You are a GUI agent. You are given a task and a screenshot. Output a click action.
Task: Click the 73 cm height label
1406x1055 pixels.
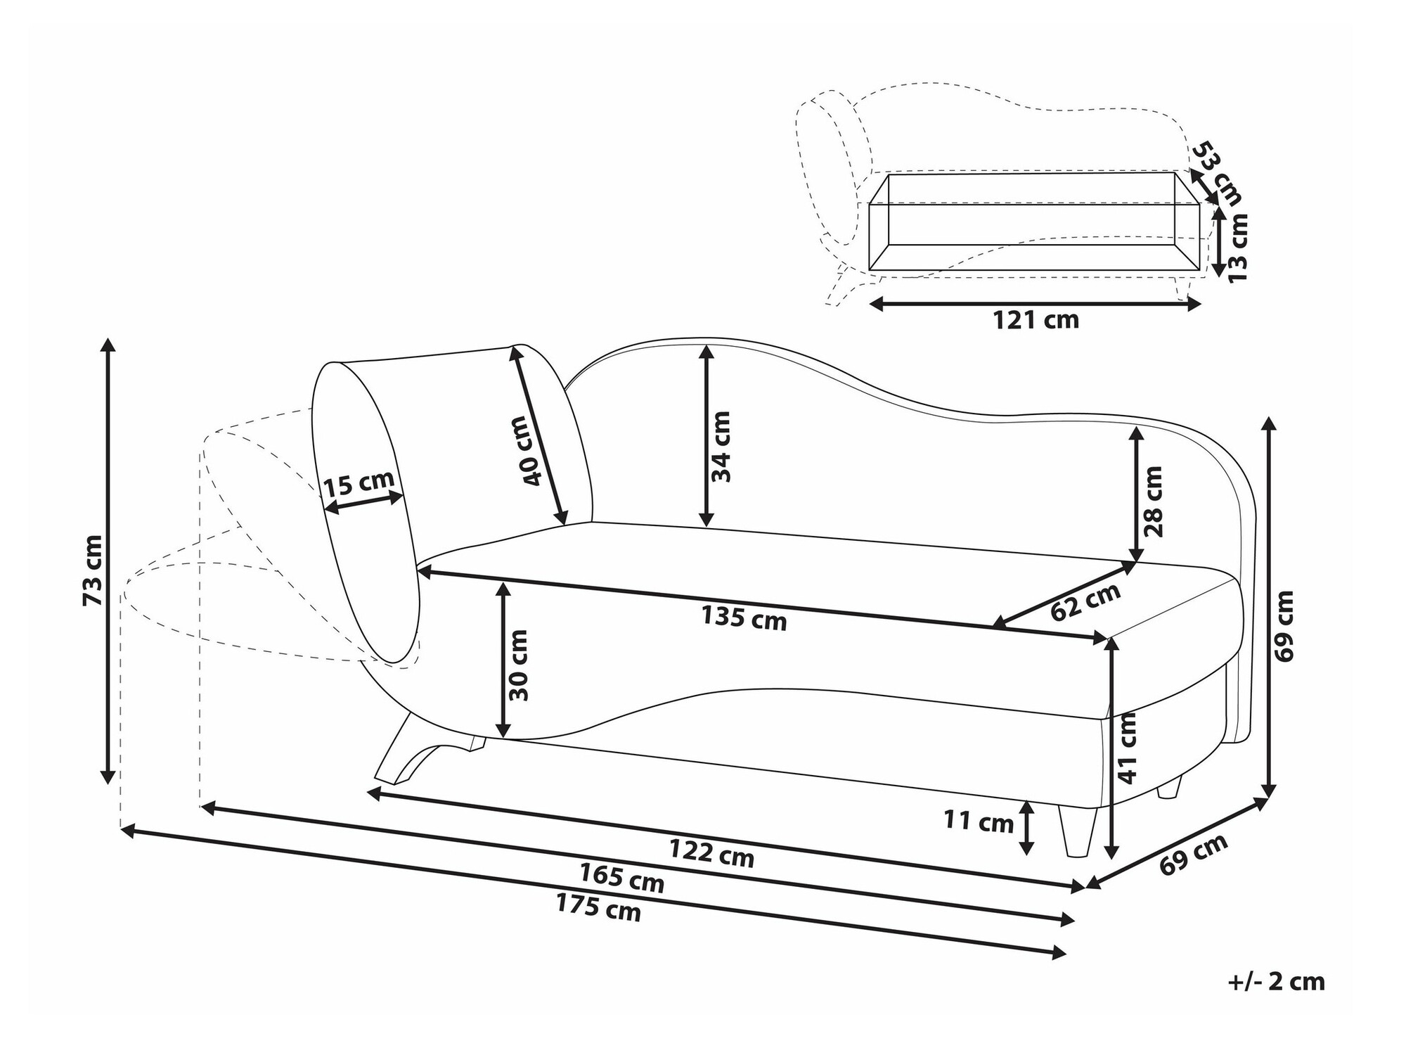pos(93,570)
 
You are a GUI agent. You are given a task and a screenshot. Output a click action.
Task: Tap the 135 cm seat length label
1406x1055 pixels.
pos(744,618)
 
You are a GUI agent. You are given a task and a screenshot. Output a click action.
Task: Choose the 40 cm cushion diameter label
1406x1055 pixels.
pos(532,451)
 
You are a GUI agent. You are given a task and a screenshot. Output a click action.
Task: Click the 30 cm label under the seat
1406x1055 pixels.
pos(518,665)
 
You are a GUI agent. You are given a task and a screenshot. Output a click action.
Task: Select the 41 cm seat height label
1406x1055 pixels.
pos(1127,748)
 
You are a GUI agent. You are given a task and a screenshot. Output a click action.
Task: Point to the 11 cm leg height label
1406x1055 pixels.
pos(979,821)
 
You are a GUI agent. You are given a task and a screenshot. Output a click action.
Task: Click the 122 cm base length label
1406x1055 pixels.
pos(711,854)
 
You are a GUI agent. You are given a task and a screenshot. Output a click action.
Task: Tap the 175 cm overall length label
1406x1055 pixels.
pos(598,907)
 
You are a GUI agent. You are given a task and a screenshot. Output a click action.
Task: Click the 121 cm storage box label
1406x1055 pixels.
pos(1036,321)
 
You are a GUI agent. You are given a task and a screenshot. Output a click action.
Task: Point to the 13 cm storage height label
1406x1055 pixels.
pos(1237,248)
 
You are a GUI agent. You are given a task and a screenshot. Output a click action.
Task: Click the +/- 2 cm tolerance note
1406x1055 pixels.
pos(1276,982)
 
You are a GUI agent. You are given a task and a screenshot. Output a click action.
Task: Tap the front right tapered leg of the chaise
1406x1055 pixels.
pos(1076,831)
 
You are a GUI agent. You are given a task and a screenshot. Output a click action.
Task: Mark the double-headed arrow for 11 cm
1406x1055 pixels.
pos(1028,828)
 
